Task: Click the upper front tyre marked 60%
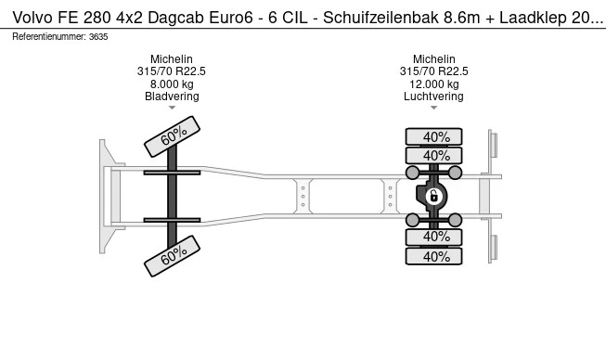(x=172, y=136)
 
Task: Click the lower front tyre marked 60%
(x=172, y=256)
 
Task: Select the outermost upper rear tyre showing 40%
(x=433, y=136)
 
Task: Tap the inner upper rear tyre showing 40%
(x=433, y=156)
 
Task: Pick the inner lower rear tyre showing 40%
(x=433, y=237)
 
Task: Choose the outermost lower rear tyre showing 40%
(x=433, y=256)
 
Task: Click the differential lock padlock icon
(x=433, y=196)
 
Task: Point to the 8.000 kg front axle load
(x=172, y=84)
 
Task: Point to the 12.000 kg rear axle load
(x=434, y=84)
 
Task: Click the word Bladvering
(x=172, y=96)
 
